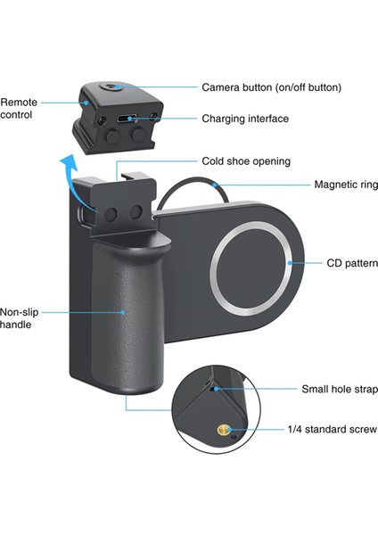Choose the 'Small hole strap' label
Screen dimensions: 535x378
(x=339, y=390)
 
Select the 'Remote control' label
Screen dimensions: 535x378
(x=19, y=109)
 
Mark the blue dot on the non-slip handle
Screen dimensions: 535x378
(x=125, y=313)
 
